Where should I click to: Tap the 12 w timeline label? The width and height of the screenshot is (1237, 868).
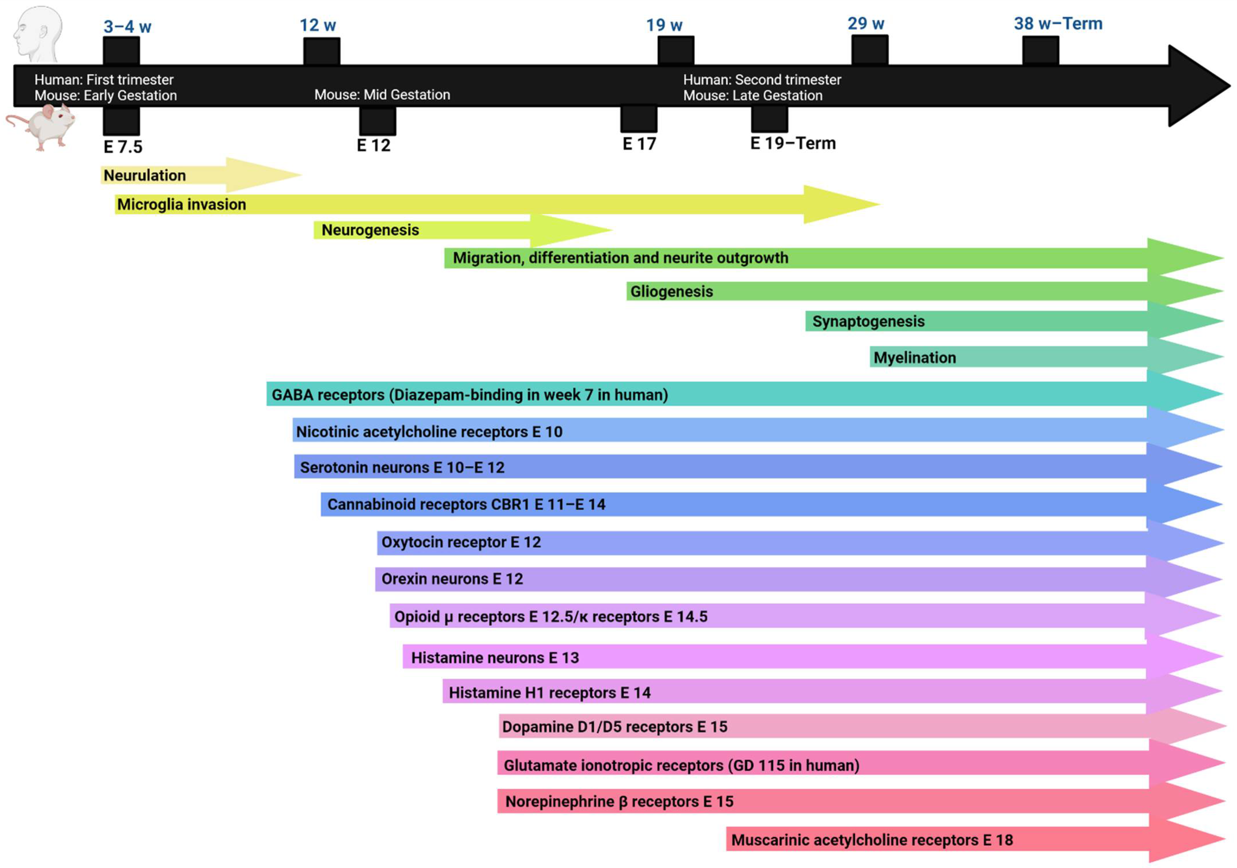pos(318,25)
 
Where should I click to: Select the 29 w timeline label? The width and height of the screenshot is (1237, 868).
pos(866,24)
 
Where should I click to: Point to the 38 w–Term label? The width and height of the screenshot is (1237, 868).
pos(1058,24)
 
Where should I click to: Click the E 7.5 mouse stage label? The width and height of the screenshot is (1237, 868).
pos(123,147)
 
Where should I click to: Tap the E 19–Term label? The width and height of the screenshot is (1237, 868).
pos(793,143)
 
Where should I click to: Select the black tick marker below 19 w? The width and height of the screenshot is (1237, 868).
pos(676,50)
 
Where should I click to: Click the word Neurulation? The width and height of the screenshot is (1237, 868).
pos(144,176)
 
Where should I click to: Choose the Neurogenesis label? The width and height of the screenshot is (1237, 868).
pos(370,230)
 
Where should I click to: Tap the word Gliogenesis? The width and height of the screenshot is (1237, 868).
pos(671,291)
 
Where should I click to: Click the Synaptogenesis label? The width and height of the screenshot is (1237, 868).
pos(868,321)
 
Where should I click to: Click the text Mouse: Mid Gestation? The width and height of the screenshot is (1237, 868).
pos(382,95)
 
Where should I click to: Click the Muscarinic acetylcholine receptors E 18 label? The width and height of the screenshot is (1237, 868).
pos(872,840)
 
